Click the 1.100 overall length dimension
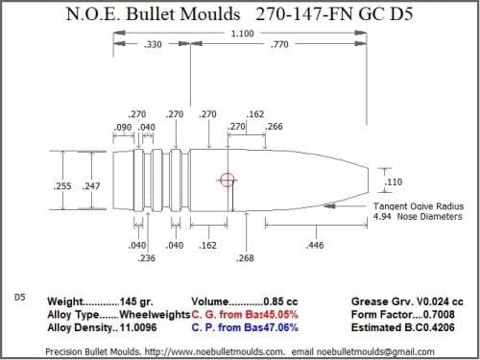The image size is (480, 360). [243, 34]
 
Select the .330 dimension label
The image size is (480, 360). [152, 45]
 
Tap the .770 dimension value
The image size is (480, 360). [281, 45]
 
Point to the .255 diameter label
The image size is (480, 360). [59, 184]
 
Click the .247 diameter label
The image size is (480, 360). [92, 184]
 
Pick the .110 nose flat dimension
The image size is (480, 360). [392, 180]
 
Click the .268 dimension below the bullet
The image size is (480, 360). [245, 258]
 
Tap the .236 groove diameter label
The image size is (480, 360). [147, 258]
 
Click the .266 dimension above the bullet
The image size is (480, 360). [273, 127]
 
